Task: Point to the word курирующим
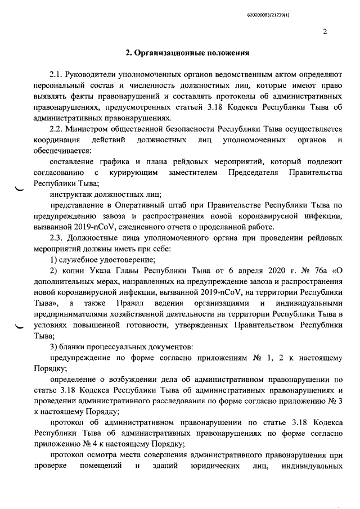[133, 173]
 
